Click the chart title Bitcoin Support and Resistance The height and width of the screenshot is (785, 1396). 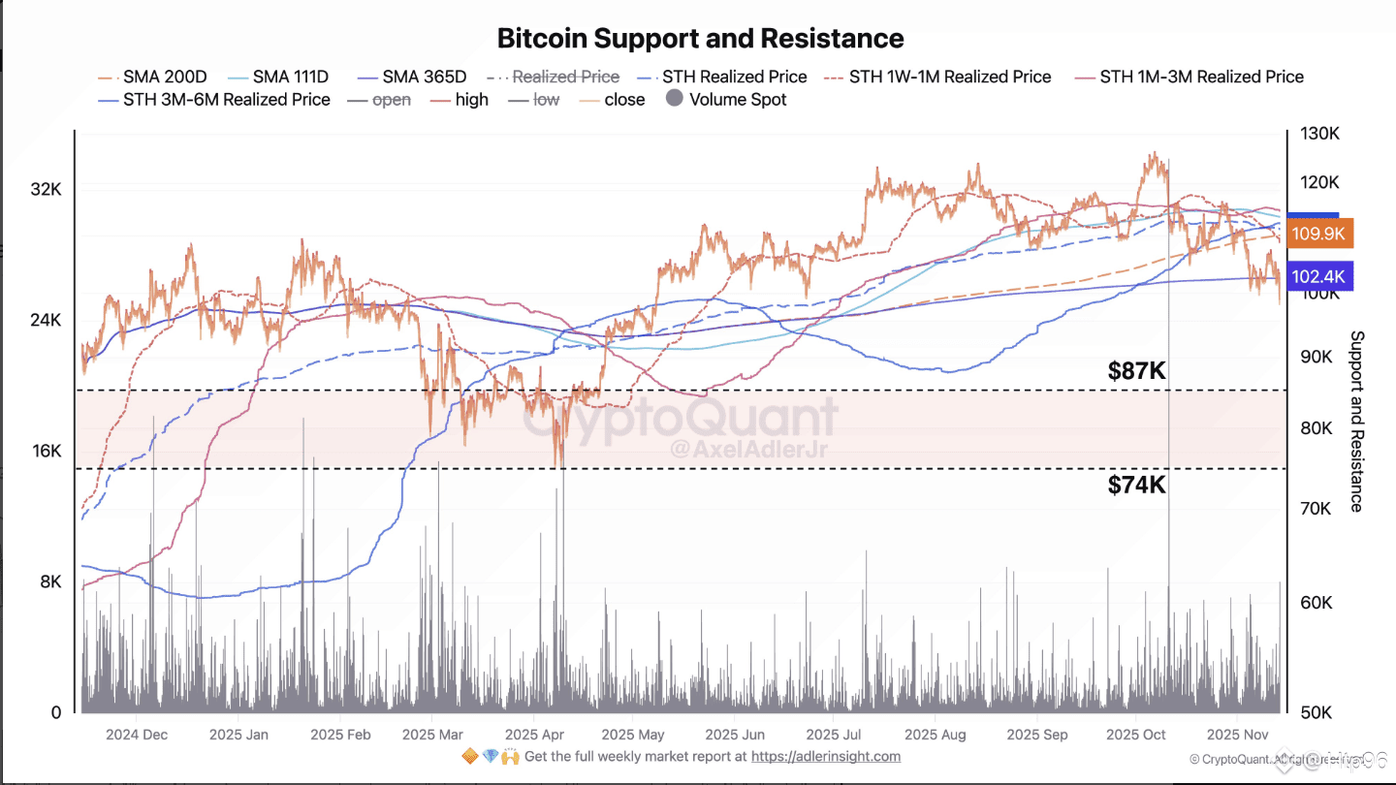[x=700, y=39]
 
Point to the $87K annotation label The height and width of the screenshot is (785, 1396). [x=1136, y=370]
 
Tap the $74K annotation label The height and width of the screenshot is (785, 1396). [x=1136, y=486]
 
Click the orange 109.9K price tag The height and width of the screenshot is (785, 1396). [x=1319, y=234]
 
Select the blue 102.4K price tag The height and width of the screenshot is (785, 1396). [x=1319, y=277]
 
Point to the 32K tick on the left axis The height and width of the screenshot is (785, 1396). [x=46, y=190]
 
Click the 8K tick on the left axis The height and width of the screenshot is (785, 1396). [x=49, y=581]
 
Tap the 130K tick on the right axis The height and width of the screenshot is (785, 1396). [x=1319, y=134]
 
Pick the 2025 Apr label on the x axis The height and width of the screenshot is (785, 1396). [x=534, y=735]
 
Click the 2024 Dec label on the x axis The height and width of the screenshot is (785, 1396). [x=136, y=735]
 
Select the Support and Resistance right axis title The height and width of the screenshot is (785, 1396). [x=1356, y=421]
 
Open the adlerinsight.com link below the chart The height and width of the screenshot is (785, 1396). [x=825, y=756]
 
